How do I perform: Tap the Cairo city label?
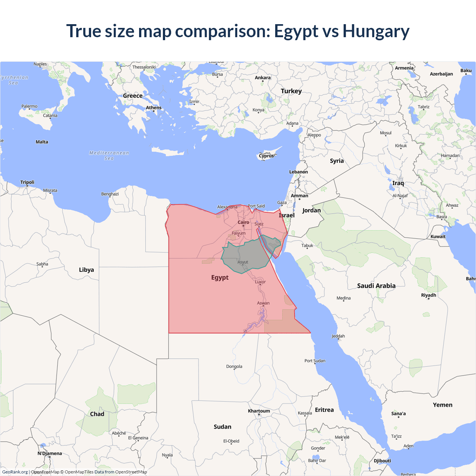point(243,222)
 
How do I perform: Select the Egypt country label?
point(220,277)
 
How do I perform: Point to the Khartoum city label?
point(259,411)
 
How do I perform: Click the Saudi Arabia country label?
point(376,286)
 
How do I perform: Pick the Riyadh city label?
point(428,295)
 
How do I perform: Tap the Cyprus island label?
point(266,156)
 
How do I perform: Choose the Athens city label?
point(154,107)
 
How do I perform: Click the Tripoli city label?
point(27,182)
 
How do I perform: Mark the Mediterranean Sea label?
point(109,155)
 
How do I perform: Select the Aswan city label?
point(263,303)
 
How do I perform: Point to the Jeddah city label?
point(338,336)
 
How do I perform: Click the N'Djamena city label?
point(49,453)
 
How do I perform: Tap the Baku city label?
point(466,71)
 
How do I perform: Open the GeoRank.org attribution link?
point(15,472)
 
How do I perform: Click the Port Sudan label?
point(315,361)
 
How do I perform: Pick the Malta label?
point(42,142)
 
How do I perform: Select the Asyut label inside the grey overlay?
point(242,262)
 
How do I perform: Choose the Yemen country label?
point(443,405)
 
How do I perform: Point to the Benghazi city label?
point(110,194)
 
